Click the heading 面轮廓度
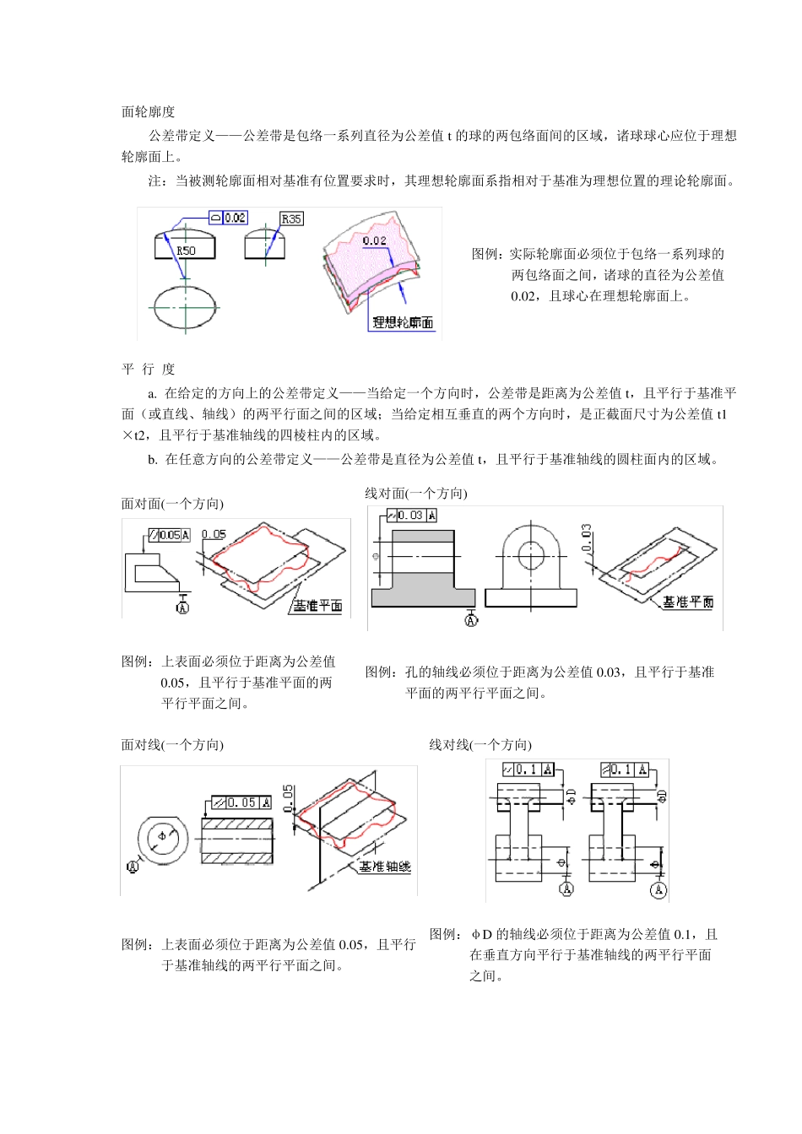149,112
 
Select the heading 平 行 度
149,370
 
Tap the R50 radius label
186,251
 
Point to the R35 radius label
291,219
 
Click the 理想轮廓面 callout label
403,322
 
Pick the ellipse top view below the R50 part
185,308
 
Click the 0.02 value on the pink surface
374,241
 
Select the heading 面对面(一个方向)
172,504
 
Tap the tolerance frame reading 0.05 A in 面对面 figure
170,535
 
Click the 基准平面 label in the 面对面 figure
317,606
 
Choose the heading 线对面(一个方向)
415,494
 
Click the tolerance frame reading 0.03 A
412,516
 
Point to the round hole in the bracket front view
531,556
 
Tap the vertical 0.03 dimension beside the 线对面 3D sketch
587,537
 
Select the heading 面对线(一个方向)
172,745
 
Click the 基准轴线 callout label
385,867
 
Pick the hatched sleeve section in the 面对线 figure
238,840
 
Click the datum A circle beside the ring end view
133,867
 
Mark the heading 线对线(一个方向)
480,745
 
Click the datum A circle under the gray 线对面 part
471,621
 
